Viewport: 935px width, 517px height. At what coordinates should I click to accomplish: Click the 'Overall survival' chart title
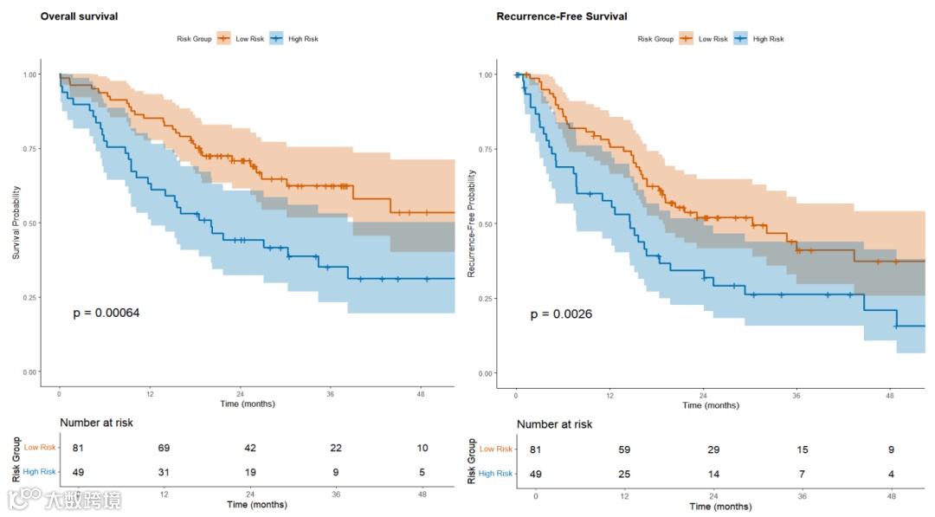click(79, 16)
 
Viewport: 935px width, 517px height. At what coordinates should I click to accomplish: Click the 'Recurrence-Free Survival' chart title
click(562, 16)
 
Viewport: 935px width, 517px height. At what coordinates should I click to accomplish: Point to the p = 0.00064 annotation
click(106, 313)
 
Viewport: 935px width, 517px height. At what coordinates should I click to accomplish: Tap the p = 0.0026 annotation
click(561, 313)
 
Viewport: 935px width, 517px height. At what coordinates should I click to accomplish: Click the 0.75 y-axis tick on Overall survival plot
click(30, 149)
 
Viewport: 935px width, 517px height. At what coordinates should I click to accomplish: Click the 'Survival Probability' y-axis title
click(16, 223)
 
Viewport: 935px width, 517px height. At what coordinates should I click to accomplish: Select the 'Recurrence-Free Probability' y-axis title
click(472, 223)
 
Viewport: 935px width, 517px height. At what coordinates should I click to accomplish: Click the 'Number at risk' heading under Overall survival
click(96, 423)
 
